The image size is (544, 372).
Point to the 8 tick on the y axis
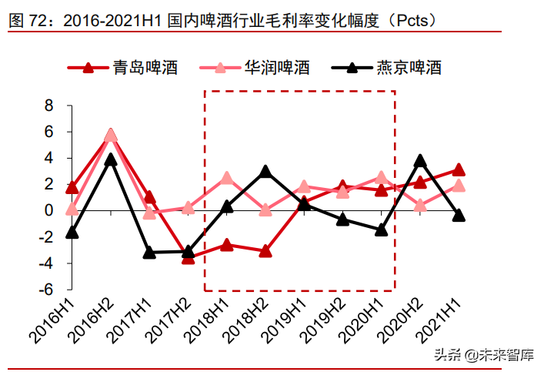click(x=48, y=106)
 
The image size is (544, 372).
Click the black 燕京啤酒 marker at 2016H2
click(x=111, y=159)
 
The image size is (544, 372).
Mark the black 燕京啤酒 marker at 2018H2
click(x=265, y=171)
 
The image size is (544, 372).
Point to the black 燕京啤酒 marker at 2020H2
click(x=420, y=161)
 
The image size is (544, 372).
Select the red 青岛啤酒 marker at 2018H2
click(x=265, y=250)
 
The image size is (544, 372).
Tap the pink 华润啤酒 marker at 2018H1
click(x=227, y=178)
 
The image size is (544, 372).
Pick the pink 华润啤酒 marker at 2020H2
click(x=420, y=205)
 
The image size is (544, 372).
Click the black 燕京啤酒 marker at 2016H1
click(x=72, y=232)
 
